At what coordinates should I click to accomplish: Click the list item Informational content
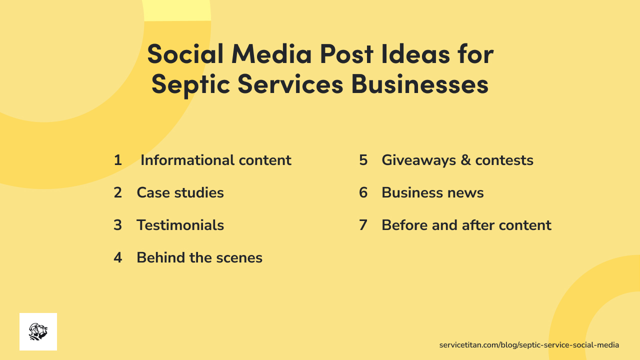215,160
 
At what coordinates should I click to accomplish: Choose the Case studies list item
180,192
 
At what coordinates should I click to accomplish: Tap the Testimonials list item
180,225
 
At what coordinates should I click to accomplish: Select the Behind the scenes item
199,257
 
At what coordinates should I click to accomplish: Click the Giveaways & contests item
457,160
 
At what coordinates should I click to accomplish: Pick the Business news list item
432,192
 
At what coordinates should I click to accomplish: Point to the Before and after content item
466,225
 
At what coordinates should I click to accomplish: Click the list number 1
118,160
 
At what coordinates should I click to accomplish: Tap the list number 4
118,257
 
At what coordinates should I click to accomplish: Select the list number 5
363,160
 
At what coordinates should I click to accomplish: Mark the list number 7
363,225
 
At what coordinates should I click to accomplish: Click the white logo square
38,331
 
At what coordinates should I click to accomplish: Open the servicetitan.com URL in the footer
529,345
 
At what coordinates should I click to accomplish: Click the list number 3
118,225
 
